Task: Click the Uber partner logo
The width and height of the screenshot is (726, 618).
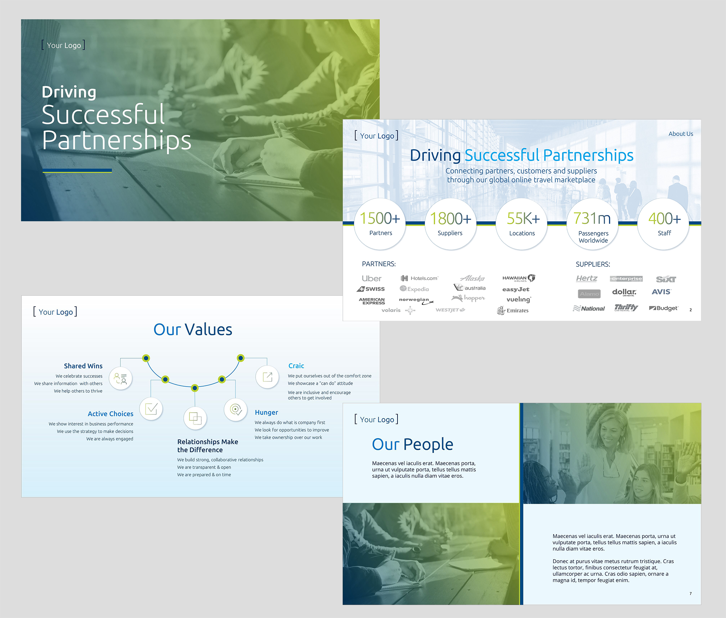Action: [371, 279]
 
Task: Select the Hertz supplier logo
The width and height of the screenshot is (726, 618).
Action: [587, 278]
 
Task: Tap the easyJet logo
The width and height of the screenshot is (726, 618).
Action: [516, 289]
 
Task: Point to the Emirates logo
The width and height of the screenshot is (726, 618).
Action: [513, 310]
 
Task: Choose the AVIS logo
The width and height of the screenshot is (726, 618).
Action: [661, 292]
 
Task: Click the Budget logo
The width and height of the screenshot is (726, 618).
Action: [664, 308]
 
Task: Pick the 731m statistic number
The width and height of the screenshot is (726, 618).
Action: [592, 218]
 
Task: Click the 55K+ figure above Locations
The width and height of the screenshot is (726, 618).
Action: [523, 218]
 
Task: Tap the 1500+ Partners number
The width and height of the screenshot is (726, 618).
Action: [380, 218]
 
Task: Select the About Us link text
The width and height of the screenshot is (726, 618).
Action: [681, 134]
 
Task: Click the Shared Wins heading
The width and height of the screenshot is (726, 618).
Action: [83, 366]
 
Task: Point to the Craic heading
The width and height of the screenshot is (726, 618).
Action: [296, 366]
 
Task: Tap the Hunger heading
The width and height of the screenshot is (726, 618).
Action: [266, 412]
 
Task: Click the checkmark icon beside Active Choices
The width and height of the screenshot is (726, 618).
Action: [151, 409]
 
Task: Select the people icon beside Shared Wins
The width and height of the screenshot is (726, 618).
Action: [121, 379]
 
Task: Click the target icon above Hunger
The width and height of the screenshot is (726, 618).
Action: [236, 409]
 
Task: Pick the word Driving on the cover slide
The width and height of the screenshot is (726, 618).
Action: [69, 92]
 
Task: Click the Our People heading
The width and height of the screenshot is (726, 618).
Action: [413, 444]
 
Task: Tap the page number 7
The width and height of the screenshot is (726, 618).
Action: [690, 593]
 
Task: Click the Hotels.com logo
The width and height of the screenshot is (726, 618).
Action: [419, 278]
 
